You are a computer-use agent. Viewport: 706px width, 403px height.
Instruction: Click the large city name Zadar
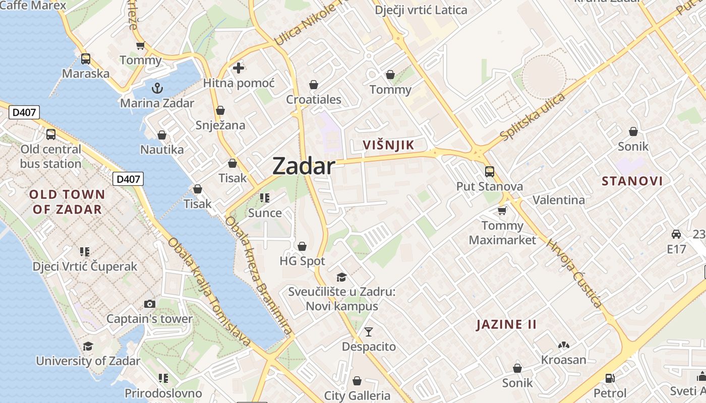pyautogui.click(x=304, y=166)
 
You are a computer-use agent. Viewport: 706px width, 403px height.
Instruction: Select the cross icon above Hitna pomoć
pyautogui.click(x=239, y=68)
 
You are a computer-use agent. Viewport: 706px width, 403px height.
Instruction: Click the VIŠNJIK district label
pyautogui.click(x=389, y=146)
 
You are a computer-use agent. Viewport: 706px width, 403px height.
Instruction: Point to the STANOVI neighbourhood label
pyautogui.click(x=632, y=181)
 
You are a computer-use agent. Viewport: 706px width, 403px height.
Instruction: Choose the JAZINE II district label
pyautogui.click(x=507, y=324)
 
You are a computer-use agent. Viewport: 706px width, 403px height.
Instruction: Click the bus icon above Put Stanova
pyautogui.click(x=489, y=172)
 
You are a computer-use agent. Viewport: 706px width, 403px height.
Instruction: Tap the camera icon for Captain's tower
pyautogui.click(x=150, y=304)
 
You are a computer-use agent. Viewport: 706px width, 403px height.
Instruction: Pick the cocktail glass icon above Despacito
pyautogui.click(x=369, y=331)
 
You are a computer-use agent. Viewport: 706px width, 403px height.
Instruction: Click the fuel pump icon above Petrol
pyautogui.click(x=610, y=378)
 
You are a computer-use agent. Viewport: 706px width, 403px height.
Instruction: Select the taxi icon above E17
pyautogui.click(x=676, y=234)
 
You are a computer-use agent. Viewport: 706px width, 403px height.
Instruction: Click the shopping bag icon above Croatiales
pyautogui.click(x=314, y=84)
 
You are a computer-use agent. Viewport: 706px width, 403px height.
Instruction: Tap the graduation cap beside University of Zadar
pyautogui.click(x=88, y=346)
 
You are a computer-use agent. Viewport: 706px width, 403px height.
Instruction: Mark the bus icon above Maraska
pyautogui.click(x=86, y=58)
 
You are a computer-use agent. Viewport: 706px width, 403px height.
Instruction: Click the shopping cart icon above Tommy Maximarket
pyautogui.click(x=502, y=210)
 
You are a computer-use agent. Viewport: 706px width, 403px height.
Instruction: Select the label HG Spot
pyautogui.click(x=302, y=261)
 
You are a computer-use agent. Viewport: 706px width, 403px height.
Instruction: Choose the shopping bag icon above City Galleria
pyautogui.click(x=357, y=380)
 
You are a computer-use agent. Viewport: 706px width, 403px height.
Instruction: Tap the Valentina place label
pyautogui.click(x=559, y=200)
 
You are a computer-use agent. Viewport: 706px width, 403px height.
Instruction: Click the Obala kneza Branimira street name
pyautogui.click(x=259, y=276)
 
